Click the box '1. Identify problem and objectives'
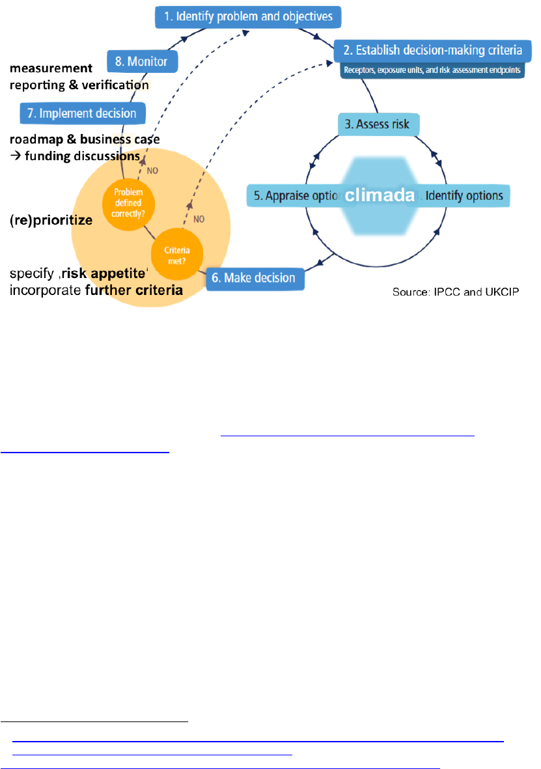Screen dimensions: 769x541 [x=248, y=16]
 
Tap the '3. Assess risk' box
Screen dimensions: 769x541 [x=378, y=124]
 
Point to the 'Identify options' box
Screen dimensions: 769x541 [x=467, y=195]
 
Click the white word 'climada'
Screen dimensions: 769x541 [x=380, y=195]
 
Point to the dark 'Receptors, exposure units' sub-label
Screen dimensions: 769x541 [x=432, y=70]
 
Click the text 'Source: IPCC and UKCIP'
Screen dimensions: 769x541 [x=455, y=294]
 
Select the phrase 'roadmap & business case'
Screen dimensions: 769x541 [x=85, y=139]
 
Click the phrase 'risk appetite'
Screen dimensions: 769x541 [x=104, y=274]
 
